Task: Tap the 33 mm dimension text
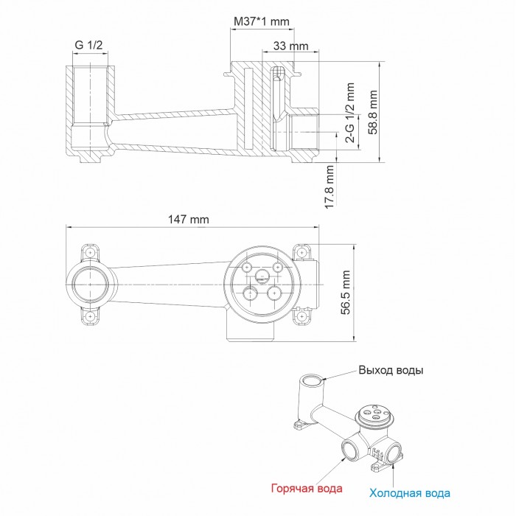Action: pyautogui.click(x=290, y=46)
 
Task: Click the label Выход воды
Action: pyautogui.click(x=391, y=370)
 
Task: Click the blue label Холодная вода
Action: pyautogui.click(x=411, y=492)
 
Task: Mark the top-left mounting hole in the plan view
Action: pyautogui.click(x=90, y=252)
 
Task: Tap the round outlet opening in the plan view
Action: pyautogui.click(x=90, y=284)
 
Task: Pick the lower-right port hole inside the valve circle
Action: pyautogui.click(x=278, y=293)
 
